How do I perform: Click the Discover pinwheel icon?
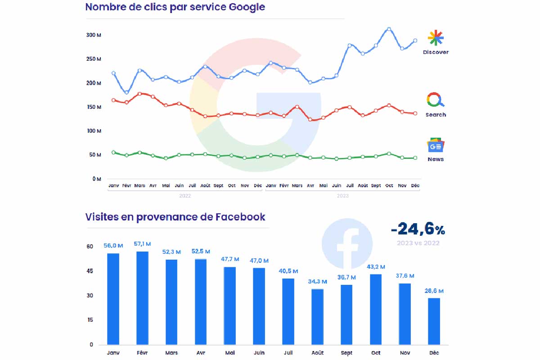pos(436,38)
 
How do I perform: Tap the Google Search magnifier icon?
pos(435,100)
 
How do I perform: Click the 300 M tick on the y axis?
pos(94,35)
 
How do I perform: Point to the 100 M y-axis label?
pos(94,131)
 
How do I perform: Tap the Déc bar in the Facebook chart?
pos(434,321)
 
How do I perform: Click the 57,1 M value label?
pos(142,243)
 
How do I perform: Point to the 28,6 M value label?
pos(434,291)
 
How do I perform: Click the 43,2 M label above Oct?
pos(376,267)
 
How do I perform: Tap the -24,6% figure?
pos(418,229)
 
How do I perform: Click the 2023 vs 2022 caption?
pos(418,243)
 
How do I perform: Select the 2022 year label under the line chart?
pos(185,196)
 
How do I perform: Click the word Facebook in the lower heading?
pos(240,217)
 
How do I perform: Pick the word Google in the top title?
pos(247,7)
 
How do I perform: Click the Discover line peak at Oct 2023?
pos(389,29)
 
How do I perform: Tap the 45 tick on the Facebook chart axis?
pos(90,271)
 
